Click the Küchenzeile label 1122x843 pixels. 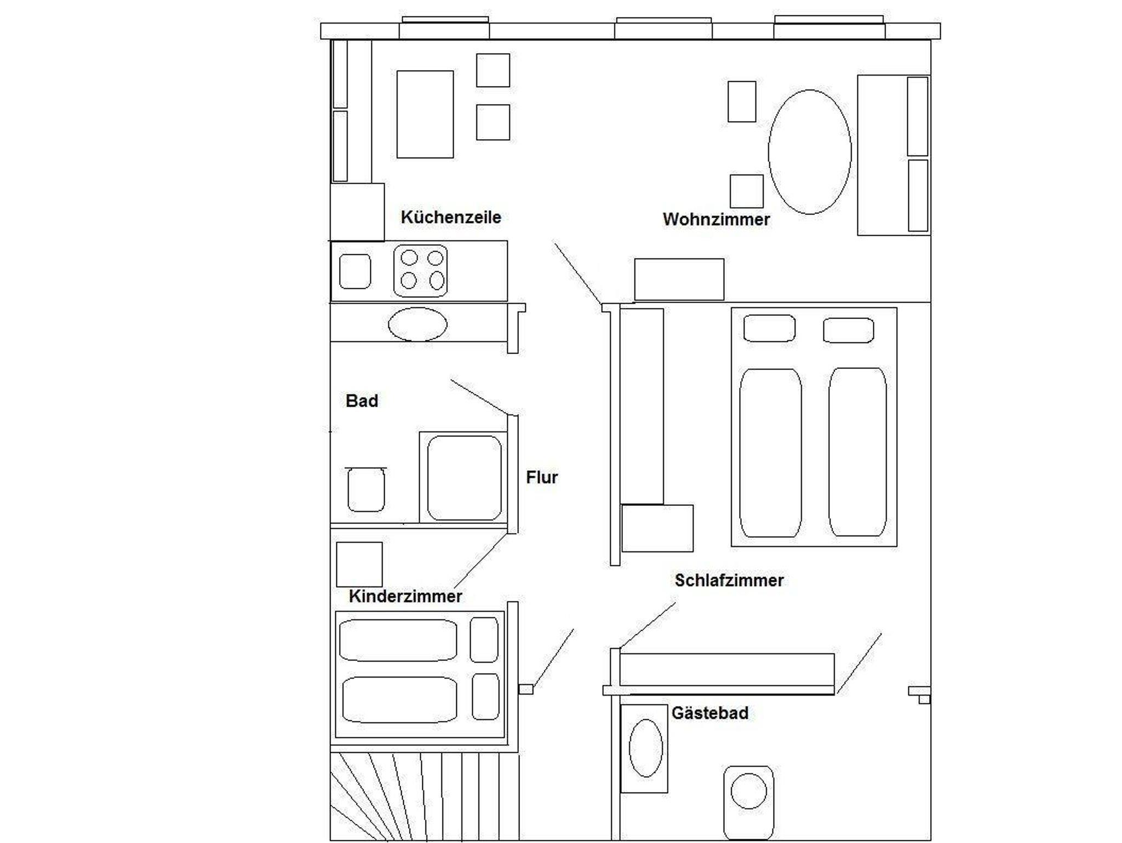(451, 217)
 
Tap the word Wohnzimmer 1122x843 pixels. (716, 219)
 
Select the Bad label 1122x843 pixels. (362, 401)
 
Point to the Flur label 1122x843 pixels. (542, 477)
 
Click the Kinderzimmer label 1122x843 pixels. (405, 596)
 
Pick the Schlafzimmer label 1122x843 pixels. (729, 580)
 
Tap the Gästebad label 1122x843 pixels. (710, 713)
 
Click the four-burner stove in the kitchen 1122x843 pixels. (420, 271)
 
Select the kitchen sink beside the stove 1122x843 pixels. (355, 271)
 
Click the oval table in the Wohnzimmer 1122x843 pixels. (810, 152)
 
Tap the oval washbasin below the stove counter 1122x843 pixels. (417, 324)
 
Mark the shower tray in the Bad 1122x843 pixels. (464, 477)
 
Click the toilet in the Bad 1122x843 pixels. (366, 489)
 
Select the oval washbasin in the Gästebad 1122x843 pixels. (646, 748)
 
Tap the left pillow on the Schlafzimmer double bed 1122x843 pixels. (769, 328)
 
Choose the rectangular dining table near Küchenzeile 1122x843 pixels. (425, 114)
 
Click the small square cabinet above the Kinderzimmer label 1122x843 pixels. (359, 565)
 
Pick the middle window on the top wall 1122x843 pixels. (663, 29)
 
